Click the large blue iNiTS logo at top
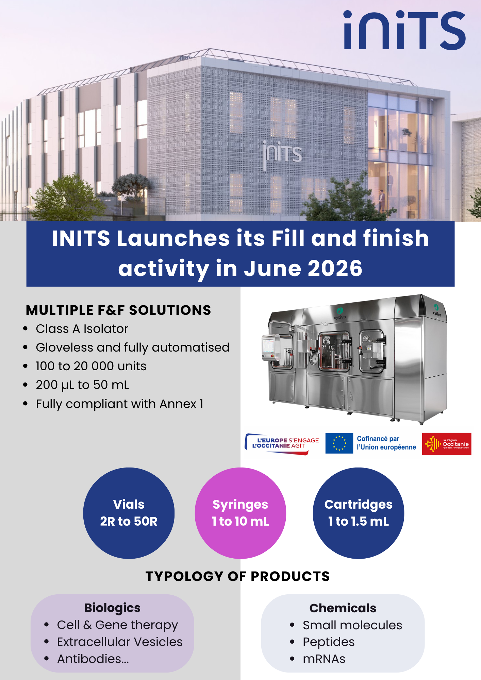pos(404,30)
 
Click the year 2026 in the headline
pos(335,268)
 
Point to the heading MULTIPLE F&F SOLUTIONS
pos(118,310)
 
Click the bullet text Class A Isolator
pos(82,329)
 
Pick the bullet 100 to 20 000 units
pos(91,366)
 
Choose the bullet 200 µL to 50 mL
pos(83,385)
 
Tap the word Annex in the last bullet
pos(178,404)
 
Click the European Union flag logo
pos(339,443)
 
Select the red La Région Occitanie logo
pos(447,444)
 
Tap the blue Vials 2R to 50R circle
pos(129,513)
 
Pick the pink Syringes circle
pos(240,513)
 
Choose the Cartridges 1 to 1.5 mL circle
pos(359,513)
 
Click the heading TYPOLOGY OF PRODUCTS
pos(238,576)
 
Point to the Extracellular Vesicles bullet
pos(120,642)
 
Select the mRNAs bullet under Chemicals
pos(324,659)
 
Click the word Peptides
pos(329,642)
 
